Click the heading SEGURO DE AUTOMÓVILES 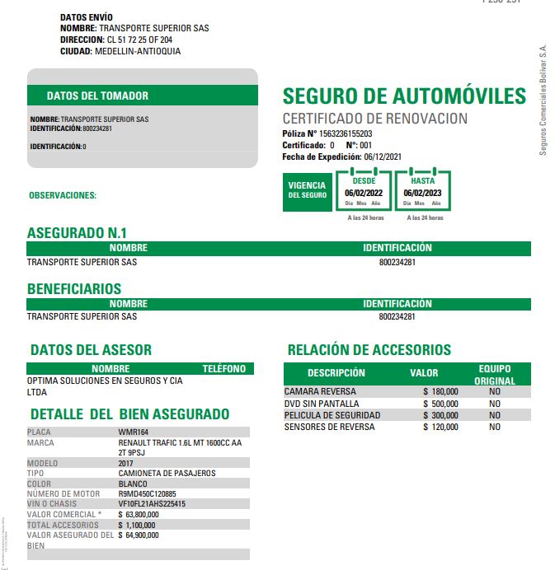pos(404,96)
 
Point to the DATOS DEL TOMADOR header pos(97,96)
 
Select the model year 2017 pos(127,463)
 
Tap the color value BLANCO pos(134,484)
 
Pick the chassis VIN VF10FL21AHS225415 pos(152,504)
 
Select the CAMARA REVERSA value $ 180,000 pos(440,392)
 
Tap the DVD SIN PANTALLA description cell pos(322,404)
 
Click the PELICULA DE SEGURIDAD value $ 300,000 pos(440,416)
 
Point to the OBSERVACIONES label pos(63,196)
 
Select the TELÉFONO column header pos(224,369)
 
